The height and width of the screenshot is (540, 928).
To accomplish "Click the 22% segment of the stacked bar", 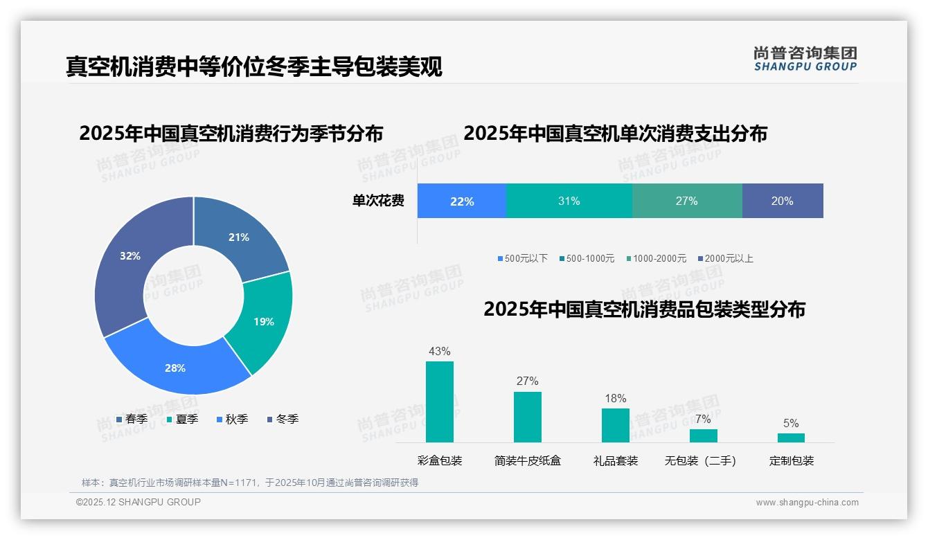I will [x=462, y=201].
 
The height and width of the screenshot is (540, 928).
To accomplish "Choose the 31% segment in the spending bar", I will [x=569, y=201].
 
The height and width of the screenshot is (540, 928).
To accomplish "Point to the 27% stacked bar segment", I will [x=687, y=201].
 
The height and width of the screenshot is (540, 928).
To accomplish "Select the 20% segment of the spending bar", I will [x=783, y=201].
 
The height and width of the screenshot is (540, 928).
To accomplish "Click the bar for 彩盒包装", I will [x=440, y=402].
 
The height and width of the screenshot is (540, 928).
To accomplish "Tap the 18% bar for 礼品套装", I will [x=616, y=425].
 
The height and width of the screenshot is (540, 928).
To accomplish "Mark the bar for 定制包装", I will [x=792, y=438].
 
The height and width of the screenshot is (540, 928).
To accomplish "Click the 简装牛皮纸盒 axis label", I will [x=528, y=460].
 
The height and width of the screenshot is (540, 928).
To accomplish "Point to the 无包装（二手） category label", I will [x=700, y=460].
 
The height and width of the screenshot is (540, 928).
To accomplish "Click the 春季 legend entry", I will [x=132, y=419].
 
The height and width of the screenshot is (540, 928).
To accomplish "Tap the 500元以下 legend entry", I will [x=522, y=258].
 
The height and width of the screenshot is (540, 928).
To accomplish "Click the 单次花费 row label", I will [x=378, y=201].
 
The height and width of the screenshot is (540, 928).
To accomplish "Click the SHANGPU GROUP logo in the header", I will [x=805, y=59].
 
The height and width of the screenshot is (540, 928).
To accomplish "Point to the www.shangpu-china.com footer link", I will [x=807, y=503].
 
